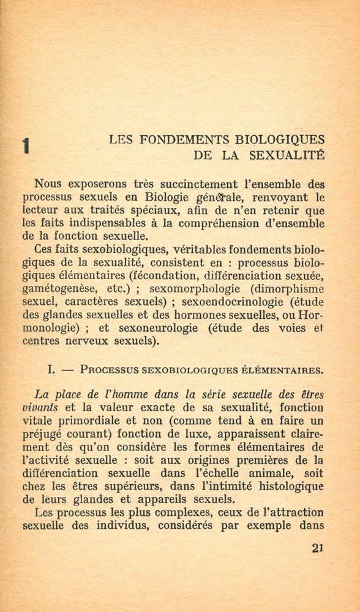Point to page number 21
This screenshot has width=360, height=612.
point(317,548)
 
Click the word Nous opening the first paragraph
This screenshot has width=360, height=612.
point(48,182)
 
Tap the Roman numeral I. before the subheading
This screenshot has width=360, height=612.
point(51,370)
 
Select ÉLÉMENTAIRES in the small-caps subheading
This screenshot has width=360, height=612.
point(289,370)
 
